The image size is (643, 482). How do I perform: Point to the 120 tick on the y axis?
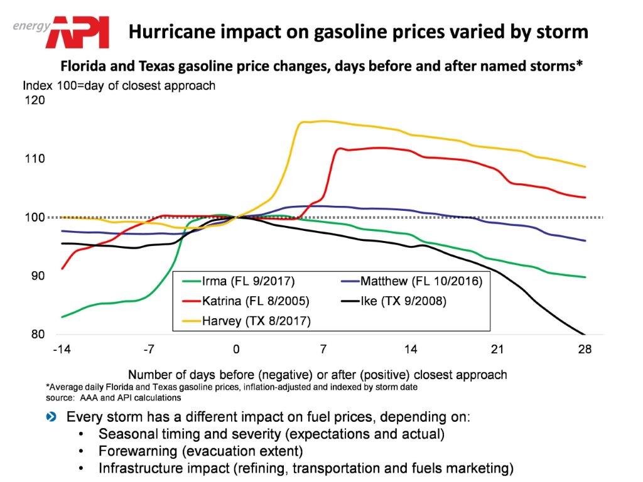(35, 100)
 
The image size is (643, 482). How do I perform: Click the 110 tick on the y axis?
(35, 159)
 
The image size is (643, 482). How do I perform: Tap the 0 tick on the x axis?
(236, 350)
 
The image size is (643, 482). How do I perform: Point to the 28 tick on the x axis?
(585, 350)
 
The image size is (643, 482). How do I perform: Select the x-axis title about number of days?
(317, 375)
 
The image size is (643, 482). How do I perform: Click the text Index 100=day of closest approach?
(119, 85)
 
